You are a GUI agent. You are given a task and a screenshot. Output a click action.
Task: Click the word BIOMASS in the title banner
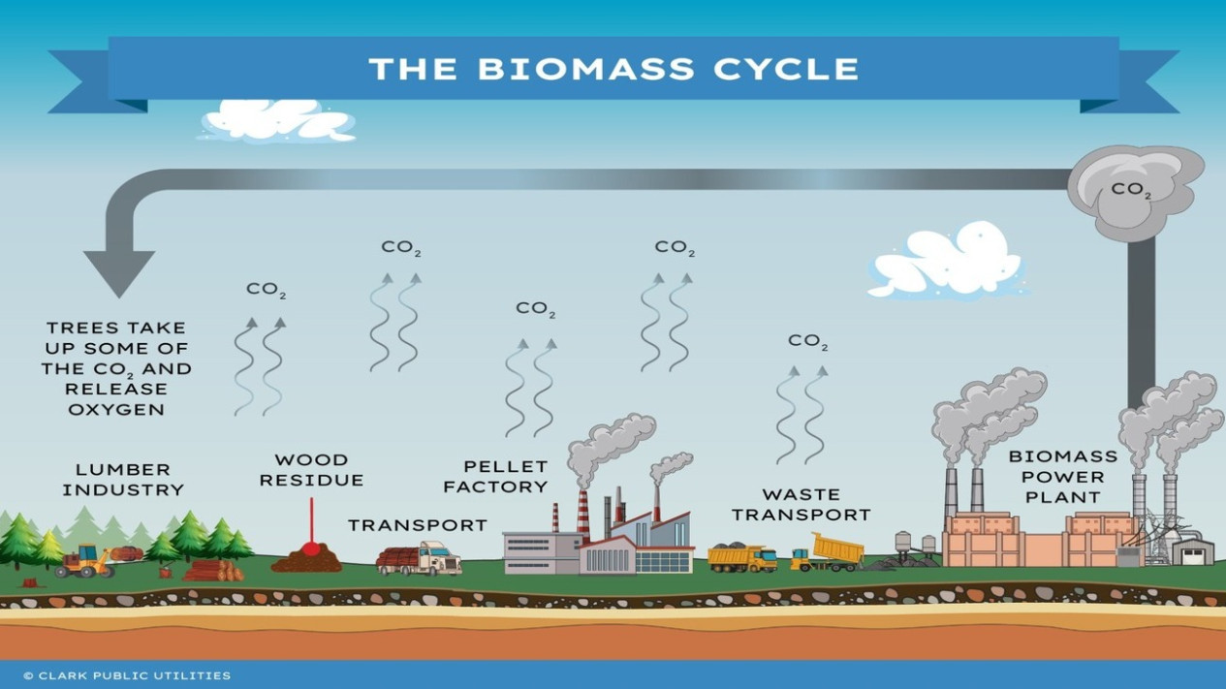586,69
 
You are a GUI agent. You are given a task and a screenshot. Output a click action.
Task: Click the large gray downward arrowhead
119,273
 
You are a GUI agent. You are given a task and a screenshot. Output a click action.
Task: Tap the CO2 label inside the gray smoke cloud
1131,191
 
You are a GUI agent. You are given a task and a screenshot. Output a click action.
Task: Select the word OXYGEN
116,409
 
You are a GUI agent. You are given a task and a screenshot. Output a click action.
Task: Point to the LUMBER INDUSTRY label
123,480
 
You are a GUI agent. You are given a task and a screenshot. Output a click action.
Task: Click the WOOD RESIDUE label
311,470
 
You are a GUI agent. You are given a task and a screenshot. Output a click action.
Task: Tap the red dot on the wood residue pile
311,548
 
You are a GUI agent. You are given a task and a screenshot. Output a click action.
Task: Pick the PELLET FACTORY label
495,477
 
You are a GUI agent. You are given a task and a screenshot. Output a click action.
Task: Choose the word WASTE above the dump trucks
802,495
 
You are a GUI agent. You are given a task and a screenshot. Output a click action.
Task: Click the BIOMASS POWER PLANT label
1063,477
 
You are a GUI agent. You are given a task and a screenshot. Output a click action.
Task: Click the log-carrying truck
419,559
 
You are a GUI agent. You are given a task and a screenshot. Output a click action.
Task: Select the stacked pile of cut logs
213,570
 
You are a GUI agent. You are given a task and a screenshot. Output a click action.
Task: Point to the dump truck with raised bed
828,552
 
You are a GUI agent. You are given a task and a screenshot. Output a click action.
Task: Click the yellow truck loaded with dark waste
742,557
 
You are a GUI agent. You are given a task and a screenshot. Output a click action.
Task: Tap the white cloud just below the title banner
278,121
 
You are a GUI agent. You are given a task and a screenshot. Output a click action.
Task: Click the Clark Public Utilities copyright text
127,675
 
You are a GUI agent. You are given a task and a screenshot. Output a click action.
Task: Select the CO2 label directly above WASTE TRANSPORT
808,341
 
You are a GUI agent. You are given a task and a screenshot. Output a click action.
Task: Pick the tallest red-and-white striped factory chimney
583,517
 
